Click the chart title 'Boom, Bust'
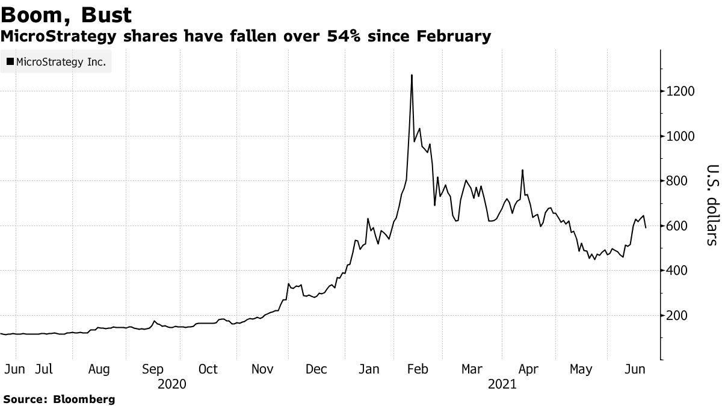(67, 13)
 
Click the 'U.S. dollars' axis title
(712, 205)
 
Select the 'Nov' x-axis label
(262, 369)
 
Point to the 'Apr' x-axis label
(528, 369)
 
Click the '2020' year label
(171, 383)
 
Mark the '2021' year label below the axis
(502, 383)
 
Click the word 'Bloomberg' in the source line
(84, 399)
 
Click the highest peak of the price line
(412, 75)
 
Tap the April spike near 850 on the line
(522, 170)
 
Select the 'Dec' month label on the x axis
(316, 369)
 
